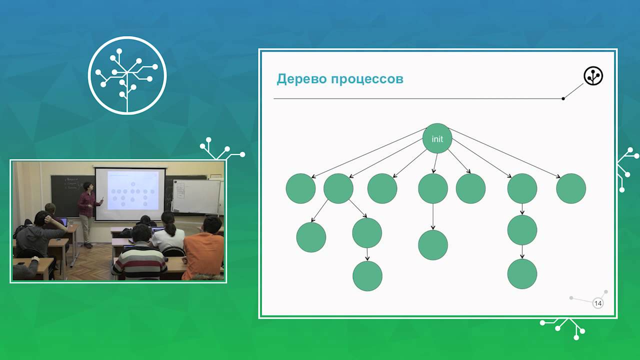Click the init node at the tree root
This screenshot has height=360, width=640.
[x=437, y=138]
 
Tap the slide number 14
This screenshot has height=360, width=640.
[x=598, y=303]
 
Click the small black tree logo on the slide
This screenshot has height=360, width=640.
[x=593, y=75]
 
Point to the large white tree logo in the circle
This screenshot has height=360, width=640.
[x=127, y=75]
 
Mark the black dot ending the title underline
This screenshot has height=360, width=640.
[x=563, y=98]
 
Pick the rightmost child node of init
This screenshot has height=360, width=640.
[x=571, y=188]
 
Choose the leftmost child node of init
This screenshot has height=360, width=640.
[x=300, y=188]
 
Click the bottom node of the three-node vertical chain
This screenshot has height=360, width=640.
[x=522, y=273]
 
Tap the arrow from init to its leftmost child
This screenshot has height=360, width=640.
[x=369, y=153]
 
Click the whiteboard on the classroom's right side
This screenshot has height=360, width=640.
[x=196, y=196]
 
